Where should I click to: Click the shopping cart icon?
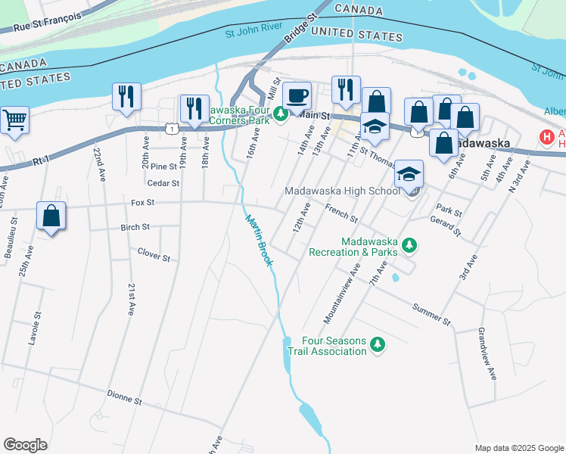click(14, 120)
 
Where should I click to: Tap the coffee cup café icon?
click(297, 95)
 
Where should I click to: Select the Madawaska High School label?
click(342, 191)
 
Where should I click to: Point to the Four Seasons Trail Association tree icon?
click(377, 346)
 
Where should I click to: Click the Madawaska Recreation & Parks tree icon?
click(409, 245)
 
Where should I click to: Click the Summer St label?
click(431, 316)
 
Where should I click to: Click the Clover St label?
click(154, 255)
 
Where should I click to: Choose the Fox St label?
click(142, 202)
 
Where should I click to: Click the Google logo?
click(26, 445)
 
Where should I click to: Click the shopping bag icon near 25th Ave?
click(51, 216)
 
